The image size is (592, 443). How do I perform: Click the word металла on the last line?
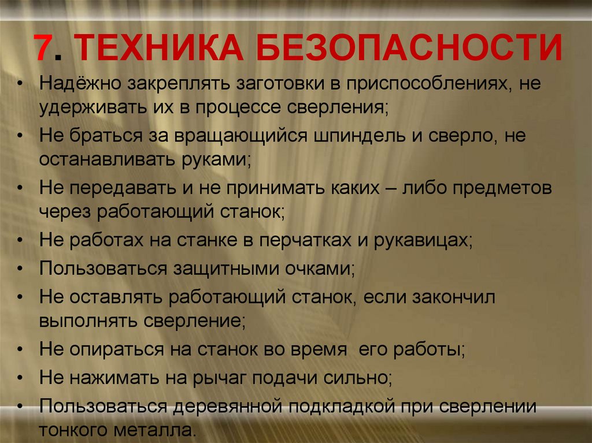click(x=157, y=430)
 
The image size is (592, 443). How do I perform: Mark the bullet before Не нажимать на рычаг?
click(x=21, y=378)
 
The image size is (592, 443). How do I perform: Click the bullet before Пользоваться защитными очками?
click(x=21, y=269)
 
